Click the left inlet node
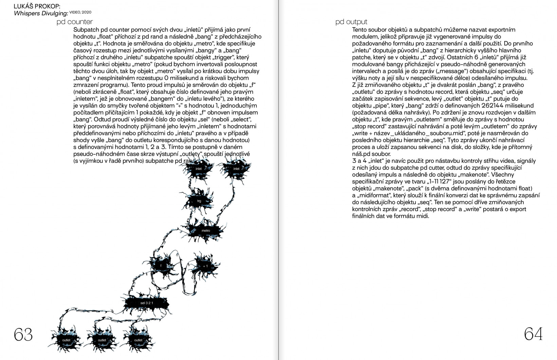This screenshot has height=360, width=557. (199, 169)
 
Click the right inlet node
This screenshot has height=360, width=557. (236, 169)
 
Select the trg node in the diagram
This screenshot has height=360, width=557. (199, 201)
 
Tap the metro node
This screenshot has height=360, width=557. (206, 231)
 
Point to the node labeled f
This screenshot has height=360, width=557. (161, 265)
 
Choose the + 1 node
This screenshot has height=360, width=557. (205, 266)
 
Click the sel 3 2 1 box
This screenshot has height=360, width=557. (147, 303)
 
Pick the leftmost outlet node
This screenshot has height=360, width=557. (66, 340)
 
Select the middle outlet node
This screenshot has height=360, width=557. (102, 340)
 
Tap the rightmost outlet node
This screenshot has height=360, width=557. (138, 340)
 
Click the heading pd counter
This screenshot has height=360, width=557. (75, 22)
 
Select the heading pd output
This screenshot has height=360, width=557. (351, 22)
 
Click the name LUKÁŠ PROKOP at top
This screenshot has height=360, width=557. (37, 7)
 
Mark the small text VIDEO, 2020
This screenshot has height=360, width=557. (80, 12)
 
